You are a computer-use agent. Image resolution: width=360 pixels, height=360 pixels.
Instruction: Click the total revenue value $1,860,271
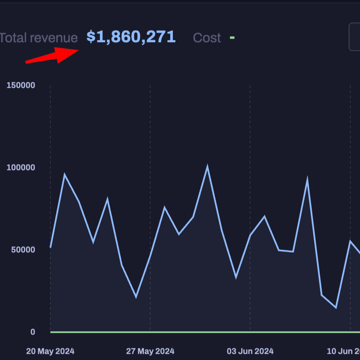click(x=131, y=37)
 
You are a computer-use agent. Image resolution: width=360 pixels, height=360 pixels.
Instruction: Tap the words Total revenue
click(x=39, y=38)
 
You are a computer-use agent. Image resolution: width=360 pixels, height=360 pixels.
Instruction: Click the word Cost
click(x=207, y=38)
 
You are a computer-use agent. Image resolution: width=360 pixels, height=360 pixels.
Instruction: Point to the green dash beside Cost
click(x=232, y=38)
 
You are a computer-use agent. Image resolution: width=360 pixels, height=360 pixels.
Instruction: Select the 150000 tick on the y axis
click(x=21, y=85)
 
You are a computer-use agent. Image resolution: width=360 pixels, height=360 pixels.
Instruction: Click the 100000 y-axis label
click(x=21, y=167)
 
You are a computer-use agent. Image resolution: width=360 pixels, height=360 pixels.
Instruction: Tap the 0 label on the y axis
click(x=32, y=332)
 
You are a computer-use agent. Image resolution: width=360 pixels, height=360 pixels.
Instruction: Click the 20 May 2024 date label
click(x=50, y=351)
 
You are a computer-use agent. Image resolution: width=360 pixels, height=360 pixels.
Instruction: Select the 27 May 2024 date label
click(x=150, y=351)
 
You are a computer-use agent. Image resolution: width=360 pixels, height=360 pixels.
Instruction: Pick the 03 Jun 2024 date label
click(x=250, y=351)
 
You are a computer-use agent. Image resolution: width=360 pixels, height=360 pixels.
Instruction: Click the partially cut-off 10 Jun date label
click(x=343, y=351)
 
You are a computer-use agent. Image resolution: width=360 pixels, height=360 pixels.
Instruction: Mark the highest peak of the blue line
click(x=207, y=167)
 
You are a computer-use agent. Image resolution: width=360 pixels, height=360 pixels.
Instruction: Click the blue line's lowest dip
click(x=336, y=308)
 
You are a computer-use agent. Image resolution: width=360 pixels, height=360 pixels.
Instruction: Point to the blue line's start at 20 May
click(x=50, y=248)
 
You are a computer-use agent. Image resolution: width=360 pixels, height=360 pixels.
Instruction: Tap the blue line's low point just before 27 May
click(x=136, y=297)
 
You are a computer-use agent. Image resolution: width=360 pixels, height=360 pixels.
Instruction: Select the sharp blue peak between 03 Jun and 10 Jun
click(x=308, y=180)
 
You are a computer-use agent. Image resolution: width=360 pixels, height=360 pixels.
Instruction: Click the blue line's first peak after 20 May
click(x=65, y=175)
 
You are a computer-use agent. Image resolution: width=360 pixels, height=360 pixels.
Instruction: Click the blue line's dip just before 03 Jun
click(x=236, y=277)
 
